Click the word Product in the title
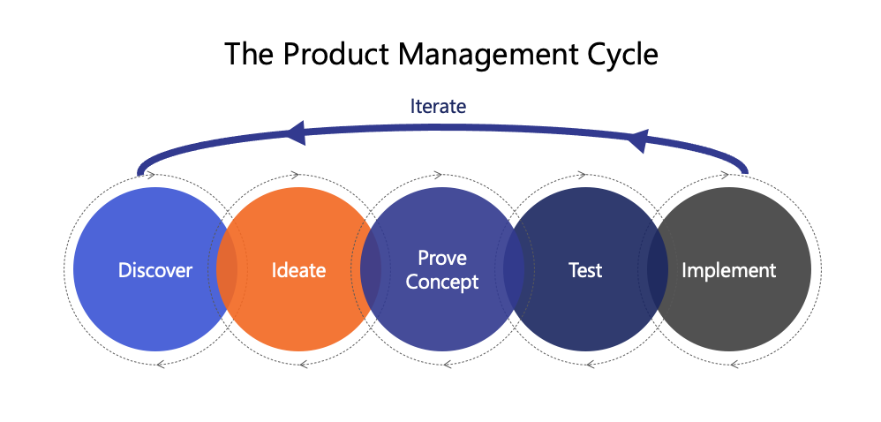pyautogui.click(x=335, y=55)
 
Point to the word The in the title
pyautogui.click(x=249, y=55)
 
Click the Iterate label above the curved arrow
pyautogui.click(x=438, y=106)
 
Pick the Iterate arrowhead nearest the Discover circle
pyautogui.click(x=296, y=133)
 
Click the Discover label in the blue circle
pyautogui.click(x=155, y=270)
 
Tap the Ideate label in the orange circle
pyautogui.click(x=298, y=270)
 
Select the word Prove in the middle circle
pyautogui.click(x=442, y=258)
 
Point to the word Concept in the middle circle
pyautogui.click(x=442, y=283)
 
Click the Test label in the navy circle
pyautogui.click(x=585, y=270)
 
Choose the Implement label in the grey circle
pyautogui.click(x=729, y=271)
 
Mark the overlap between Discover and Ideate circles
pyautogui.click(x=227, y=270)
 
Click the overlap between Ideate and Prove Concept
pyautogui.click(x=371, y=270)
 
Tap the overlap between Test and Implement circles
pyautogui.click(x=658, y=270)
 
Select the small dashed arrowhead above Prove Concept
pyautogui.click(x=439, y=175)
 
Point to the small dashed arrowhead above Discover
pyautogui.click(x=151, y=175)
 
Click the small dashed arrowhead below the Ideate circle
pyautogui.click(x=304, y=365)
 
